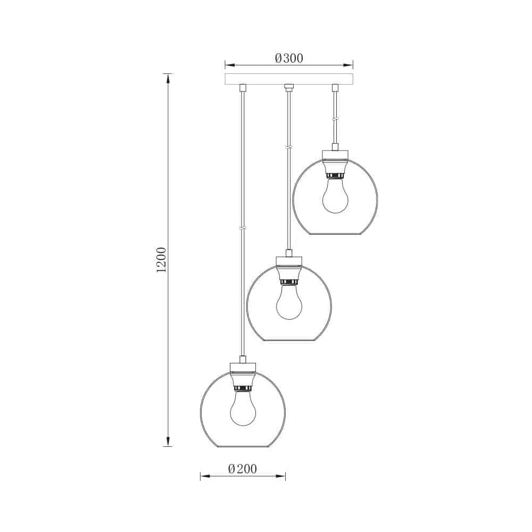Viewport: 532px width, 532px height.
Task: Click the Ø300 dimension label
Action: point(289,59)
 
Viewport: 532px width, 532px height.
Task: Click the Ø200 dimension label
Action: point(243,469)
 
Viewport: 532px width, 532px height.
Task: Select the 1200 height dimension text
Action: point(161,260)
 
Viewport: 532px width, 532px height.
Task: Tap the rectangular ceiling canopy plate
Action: point(289,79)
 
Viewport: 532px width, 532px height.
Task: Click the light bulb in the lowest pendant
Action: point(243,408)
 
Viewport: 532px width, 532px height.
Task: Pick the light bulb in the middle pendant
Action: point(289,302)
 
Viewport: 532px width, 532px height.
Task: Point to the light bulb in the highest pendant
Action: point(335,196)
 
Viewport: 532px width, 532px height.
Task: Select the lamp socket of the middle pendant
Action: point(289,275)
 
